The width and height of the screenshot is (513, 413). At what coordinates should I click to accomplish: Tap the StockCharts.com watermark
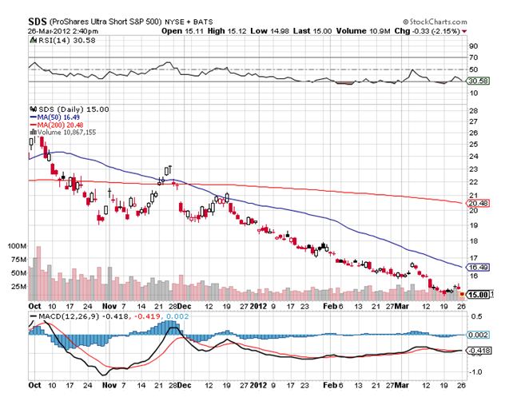[x=439, y=19]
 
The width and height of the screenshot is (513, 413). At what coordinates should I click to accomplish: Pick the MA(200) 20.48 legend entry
[x=59, y=125]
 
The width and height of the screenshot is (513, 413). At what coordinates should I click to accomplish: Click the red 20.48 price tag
[x=477, y=203]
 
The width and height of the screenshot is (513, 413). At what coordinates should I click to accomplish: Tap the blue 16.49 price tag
[x=477, y=267]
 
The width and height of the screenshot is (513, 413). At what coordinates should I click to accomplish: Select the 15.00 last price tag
[x=478, y=295]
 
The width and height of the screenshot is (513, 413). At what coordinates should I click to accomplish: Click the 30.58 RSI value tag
[x=477, y=81]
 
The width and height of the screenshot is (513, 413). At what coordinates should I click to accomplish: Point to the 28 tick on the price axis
[x=472, y=108]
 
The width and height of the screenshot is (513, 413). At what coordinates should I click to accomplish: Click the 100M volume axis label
[x=16, y=248]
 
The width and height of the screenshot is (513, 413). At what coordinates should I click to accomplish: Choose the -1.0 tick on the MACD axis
[x=475, y=371]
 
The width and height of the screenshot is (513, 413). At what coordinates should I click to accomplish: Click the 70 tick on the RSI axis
[x=472, y=58]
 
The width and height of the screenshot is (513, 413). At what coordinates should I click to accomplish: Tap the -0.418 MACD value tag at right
[x=478, y=350]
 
